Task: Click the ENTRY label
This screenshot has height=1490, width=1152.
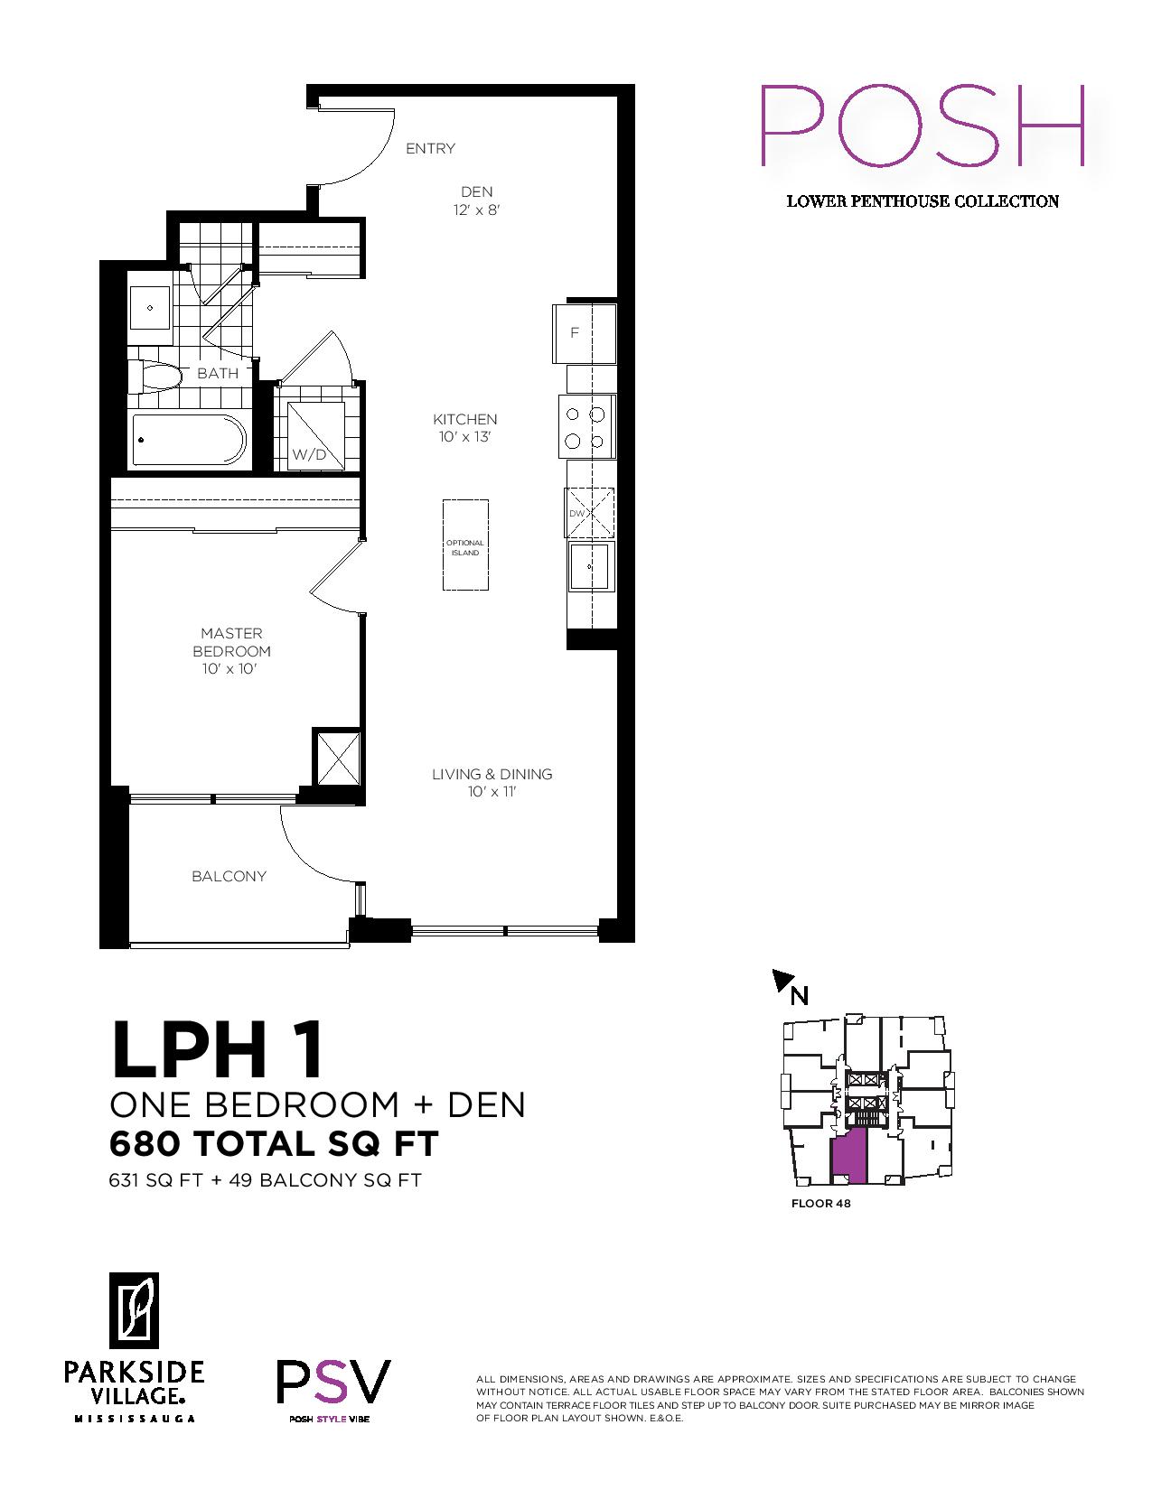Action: pyautogui.click(x=430, y=148)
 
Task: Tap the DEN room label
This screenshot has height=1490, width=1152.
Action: pyautogui.click(x=476, y=192)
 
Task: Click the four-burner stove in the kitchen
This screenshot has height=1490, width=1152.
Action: pyautogui.click(x=586, y=426)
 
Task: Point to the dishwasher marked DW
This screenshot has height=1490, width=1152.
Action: pyautogui.click(x=589, y=512)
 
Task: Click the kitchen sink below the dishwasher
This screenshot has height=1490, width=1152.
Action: pyautogui.click(x=591, y=565)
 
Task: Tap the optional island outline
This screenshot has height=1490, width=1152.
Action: pyautogui.click(x=465, y=545)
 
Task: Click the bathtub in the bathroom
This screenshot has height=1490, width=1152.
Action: pyautogui.click(x=189, y=440)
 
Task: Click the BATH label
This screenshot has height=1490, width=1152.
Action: pyautogui.click(x=218, y=374)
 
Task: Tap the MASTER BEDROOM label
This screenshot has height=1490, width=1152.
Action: pyautogui.click(x=231, y=642)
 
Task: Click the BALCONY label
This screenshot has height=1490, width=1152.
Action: pyautogui.click(x=229, y=876)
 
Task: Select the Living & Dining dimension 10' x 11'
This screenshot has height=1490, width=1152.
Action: pyautogui.click(x=492, y=792)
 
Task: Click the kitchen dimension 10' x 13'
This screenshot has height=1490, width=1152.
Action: pyautogui.click(x=464, y=437)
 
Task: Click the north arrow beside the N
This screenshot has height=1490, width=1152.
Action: pyautogui.click(x=782, y=980)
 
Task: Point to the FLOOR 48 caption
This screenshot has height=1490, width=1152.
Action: pyautogui.click(x=820, y=1204)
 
